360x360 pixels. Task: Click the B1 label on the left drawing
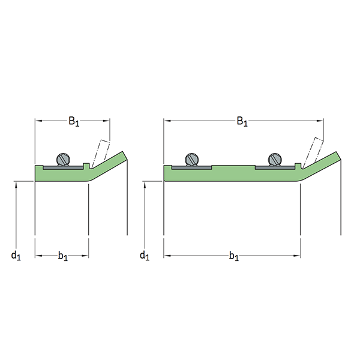(x=74, y=121)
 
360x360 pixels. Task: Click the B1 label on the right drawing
(x=242, y=121)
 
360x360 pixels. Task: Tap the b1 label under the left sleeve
(x=62, y=256)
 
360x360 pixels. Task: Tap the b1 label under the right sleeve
(x=234, y=256)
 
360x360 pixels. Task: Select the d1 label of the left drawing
(x=16, y=256)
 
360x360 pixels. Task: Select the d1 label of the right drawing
(x=145, y=256)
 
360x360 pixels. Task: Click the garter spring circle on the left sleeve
(x=63, y=159)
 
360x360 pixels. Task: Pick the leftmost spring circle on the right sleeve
(x=192, y=159)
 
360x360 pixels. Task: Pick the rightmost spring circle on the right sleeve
(x=275, y=159)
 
